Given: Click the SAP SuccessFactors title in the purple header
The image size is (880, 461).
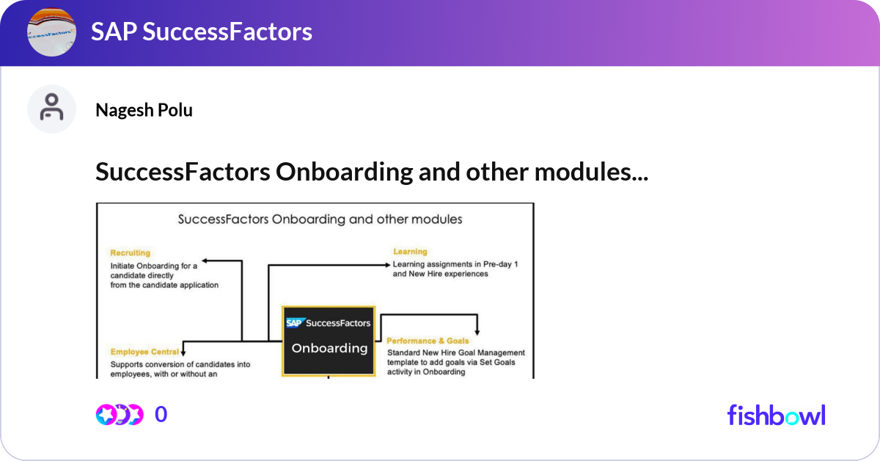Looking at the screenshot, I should click(202, 32).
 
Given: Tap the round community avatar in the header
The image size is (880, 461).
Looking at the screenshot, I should click(51, 32).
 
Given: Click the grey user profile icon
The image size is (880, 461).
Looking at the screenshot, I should click(51, 109).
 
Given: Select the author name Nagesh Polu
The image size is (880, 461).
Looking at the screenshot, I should click(144, 110).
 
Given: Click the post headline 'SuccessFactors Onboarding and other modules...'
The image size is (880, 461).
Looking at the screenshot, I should click(371, 173).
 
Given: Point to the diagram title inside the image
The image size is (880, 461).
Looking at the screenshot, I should click(320, 219).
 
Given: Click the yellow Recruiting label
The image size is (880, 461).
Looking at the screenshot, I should click(130, 253).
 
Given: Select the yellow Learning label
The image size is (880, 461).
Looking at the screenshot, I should click(409, 252).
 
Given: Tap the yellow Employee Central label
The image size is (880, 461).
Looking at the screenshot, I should click(144, 352).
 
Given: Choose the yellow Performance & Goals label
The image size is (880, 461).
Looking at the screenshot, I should click(428, 341).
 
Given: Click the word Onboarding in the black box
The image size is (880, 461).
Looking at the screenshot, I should click(329, 348).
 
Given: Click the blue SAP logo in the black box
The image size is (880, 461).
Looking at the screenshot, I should click(295, 322).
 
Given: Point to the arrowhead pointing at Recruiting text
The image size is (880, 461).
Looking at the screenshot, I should click(205, 260).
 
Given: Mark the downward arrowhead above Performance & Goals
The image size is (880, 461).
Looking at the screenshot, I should click(477, 331).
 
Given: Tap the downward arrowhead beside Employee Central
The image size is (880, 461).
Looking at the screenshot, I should click(183, 352).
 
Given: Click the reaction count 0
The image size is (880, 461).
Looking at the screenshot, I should click(161, 415).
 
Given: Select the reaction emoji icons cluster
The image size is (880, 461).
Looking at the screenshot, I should click(119, 415).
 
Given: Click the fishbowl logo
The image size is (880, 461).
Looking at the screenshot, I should click(776, 415).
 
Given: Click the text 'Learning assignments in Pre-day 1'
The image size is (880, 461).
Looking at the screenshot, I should click(455, 264).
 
